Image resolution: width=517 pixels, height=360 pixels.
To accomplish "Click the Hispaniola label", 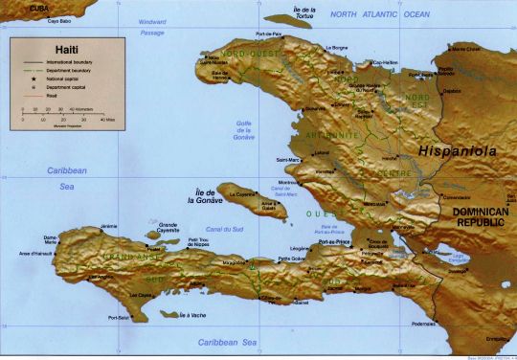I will click(453, 150).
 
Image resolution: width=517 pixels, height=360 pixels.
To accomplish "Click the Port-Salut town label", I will click(120, 317).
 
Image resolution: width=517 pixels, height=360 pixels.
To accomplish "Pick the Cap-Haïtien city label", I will click(385, 63).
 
